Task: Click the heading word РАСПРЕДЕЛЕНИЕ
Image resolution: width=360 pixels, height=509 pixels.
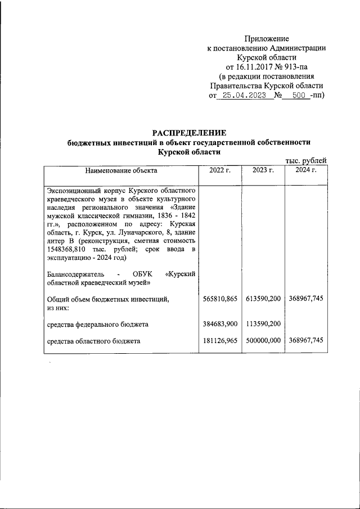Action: coord(189,133)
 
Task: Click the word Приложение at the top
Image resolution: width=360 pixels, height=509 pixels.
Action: coord(267,39)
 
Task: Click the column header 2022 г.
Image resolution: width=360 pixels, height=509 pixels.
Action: coord(220,170)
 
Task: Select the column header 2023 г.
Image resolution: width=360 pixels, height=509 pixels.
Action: coord(263,170)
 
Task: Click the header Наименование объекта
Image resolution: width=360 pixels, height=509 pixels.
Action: coord(121,170)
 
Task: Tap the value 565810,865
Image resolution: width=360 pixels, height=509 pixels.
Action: coord(220,299)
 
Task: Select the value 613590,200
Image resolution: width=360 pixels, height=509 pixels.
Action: coord(263,299)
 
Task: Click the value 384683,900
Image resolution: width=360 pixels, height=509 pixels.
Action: coord(220,324)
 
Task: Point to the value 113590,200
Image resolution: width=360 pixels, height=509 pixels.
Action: coord(263,324)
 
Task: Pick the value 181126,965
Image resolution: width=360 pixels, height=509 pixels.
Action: coord(220,341)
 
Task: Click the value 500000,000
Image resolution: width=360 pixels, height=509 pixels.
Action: coord(263,341)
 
